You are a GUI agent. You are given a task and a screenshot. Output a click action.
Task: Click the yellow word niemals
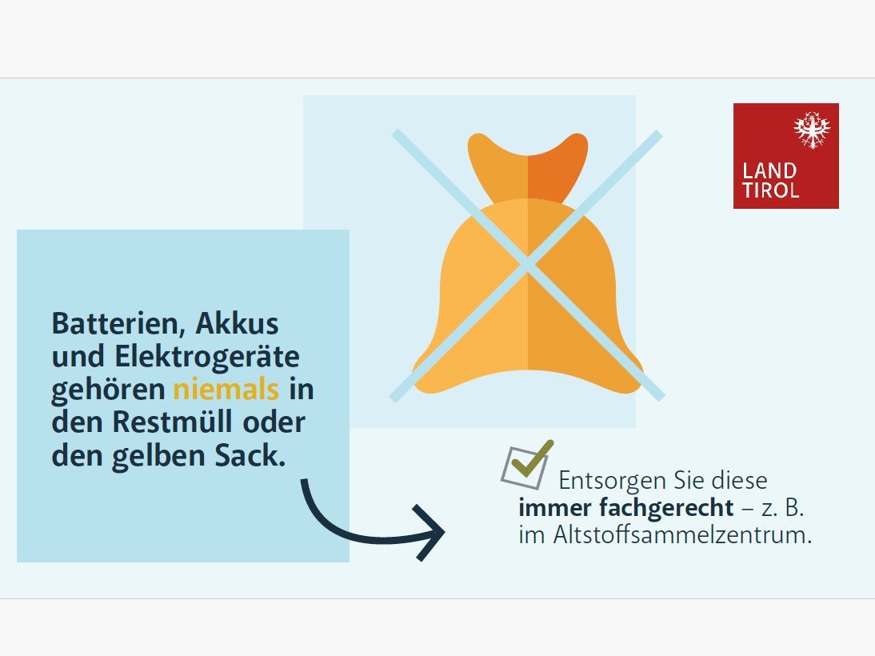click(x=226, y=390)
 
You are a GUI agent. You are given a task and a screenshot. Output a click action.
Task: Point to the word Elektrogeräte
click(x=208, y=357)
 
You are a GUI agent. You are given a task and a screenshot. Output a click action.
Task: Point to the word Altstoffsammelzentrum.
click(x=682, y=534)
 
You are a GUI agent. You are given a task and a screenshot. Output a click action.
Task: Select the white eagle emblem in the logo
click(x=812, y=130)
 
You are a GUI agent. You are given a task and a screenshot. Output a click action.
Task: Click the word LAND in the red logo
click(x=769, y=170)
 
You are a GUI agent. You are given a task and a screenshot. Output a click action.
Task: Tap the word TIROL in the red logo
click(x=770, y=190)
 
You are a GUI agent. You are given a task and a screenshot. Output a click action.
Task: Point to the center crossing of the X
click(x=527, y=266)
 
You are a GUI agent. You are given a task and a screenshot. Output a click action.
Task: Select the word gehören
click(x=109, y=390)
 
